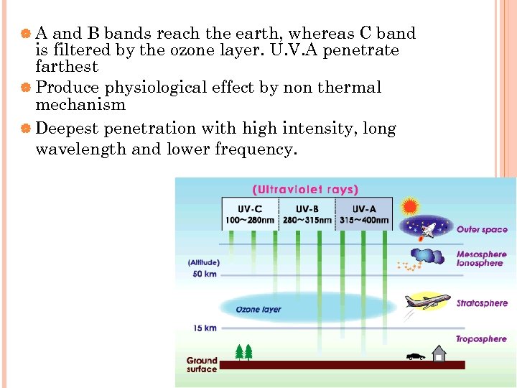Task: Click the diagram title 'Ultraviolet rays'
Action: coord(304,190)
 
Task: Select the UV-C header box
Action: coord(250,213)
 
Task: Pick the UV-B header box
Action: coord(307,213)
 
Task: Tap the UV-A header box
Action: coord(364,213)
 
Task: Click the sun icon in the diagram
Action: coord(410,207)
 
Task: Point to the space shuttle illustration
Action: coord(429,229)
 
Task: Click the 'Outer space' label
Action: coord(482,230)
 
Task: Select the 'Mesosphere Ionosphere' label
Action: coord(481,259)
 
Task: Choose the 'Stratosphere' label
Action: coord(482,303)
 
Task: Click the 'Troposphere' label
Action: coord(481,339)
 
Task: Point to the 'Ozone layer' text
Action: coord(258,310)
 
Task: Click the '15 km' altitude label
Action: coord(205,328)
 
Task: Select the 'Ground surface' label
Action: coord(202,365)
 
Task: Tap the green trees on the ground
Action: coord(244,352)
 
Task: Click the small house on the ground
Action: coord(438,353)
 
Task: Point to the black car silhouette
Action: coord(415,356)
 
